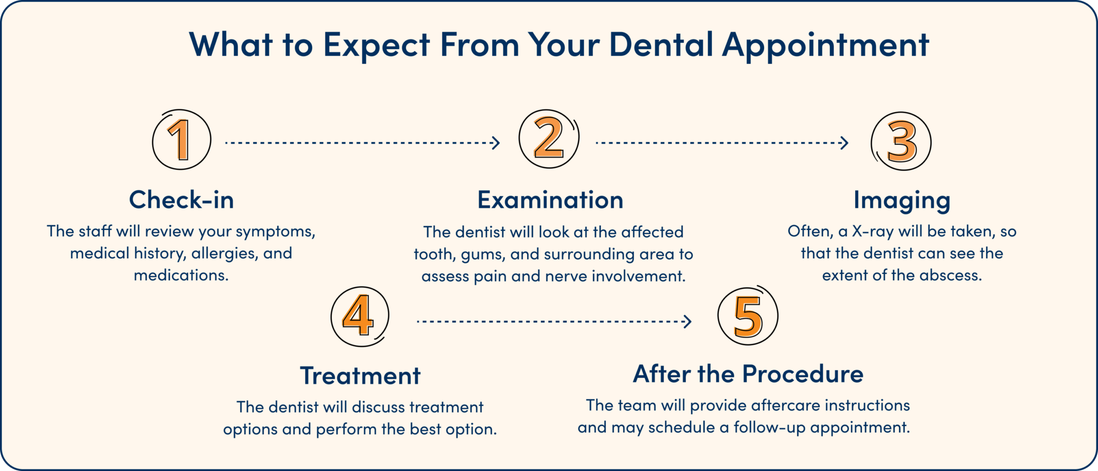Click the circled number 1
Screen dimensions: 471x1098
(181, 140)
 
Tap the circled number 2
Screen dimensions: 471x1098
(549, 139)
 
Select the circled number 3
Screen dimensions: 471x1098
(902, 141)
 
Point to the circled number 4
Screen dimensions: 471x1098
(359, 316)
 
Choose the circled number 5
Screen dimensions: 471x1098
(748, 315)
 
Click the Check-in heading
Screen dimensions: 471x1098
(181, 200)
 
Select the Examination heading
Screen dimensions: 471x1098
(550, 200)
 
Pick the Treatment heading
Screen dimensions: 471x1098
(360, 376)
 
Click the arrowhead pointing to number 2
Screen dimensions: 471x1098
(496, 143)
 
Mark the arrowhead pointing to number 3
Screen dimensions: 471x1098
(845, 143)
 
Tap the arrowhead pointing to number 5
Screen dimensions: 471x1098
(688, 322)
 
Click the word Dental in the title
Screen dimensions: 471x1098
(661, 45)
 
